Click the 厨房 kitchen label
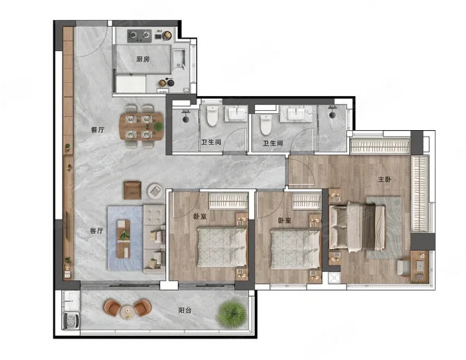143,59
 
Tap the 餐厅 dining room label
97,130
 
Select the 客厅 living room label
96,231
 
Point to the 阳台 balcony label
185,310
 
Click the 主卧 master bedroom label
385,180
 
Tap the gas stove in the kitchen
140,35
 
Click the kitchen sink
179,58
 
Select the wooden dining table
141,126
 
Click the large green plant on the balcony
232,314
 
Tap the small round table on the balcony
128,311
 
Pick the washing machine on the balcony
72,320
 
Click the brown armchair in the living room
132,190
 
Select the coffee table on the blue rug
123,239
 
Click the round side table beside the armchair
155,191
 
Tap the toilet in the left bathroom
212,116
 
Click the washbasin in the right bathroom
296,114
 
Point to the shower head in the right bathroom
332,113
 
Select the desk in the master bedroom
420,266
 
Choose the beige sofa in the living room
154,239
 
